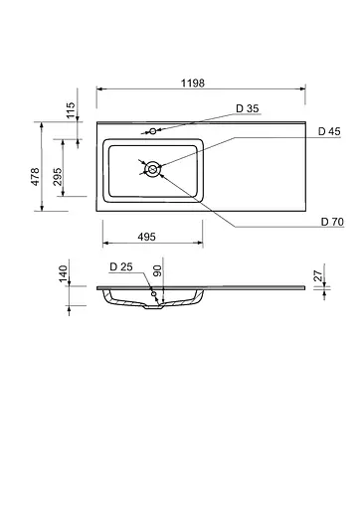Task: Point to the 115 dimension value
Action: pyautogui.click(x=69, y=110)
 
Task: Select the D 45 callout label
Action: pyautogui.click(x=329, y=131)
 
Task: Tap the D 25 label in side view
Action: pyautogui.click(x=121, y=266)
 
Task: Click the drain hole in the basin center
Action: pyautogui.click(x=152, y=170)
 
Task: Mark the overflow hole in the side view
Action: pyautogui.click(x=153, y=294)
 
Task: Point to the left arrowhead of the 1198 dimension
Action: pyautogui.click(x=99, y=91)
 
